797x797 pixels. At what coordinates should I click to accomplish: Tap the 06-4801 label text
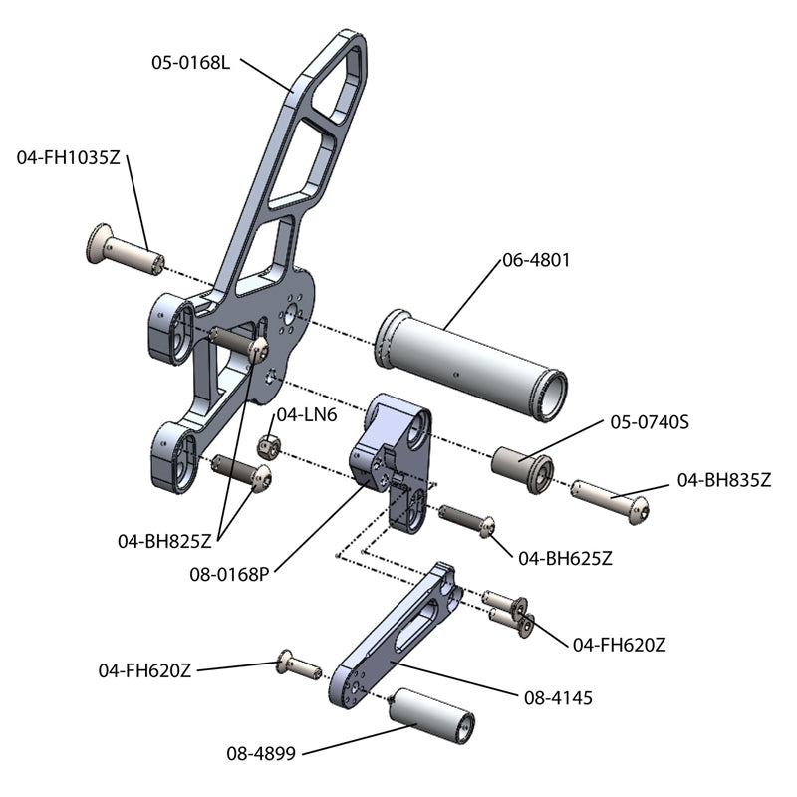(x=536, y=260)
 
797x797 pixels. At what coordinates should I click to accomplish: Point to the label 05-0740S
(x=650, y=421)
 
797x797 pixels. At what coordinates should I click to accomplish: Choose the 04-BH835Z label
(x=724, y=479)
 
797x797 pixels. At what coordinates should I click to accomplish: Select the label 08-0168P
(x=231, y=573)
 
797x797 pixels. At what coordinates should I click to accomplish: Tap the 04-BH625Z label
(x=565, y=558)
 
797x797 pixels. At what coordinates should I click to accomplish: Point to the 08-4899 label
(x=261, y=754)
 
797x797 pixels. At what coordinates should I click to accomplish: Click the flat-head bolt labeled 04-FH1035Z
(x=125, y=251)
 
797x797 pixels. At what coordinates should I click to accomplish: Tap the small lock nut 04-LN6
(x=267, y=443)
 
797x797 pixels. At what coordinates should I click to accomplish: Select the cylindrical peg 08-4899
(x=431, y=715)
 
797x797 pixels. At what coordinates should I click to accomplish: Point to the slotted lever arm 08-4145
(x=392, y=640)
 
